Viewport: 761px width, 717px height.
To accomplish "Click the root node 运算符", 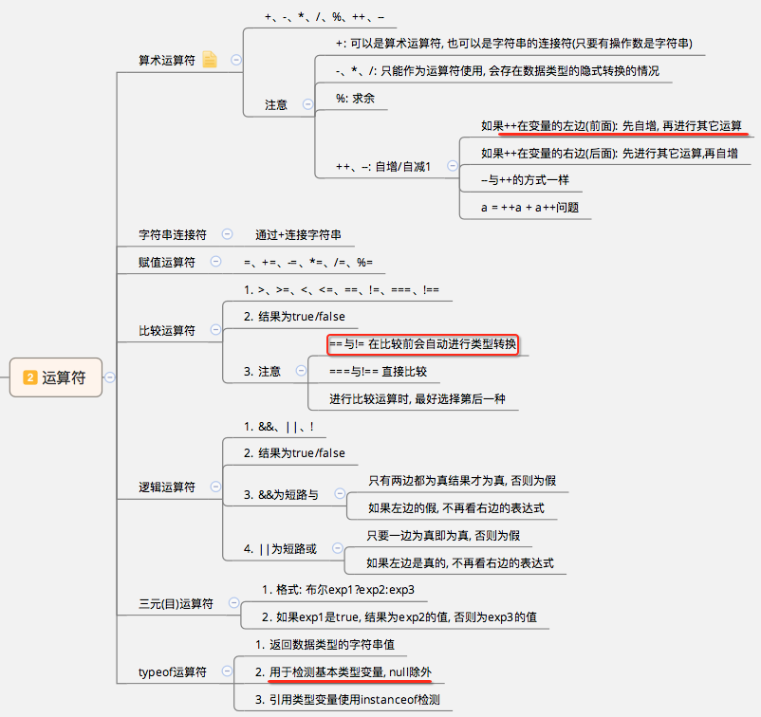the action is [x=63, y=377].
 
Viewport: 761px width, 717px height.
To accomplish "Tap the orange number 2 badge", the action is [x=30, y=377].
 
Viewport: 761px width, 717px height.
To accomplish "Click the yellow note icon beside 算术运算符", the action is [x=210, y=60].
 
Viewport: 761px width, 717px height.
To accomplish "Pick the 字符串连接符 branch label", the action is [x=173, y=234].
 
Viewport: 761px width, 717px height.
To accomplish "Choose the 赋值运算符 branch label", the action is [x=167, y=262].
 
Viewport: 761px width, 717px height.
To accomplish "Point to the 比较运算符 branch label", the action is [x=167, y=331].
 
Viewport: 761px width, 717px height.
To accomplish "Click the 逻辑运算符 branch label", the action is [x=167, y=487].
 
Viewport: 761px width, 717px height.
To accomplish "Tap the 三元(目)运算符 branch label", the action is [x=176, y=603].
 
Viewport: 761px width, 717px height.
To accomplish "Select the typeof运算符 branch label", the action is [x=173, y=672].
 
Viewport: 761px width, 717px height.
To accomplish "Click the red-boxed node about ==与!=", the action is [x=423, y=343].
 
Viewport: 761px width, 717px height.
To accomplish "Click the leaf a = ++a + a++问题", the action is [x=529, y=207].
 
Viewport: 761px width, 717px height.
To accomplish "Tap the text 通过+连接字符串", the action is [x=298, y=234].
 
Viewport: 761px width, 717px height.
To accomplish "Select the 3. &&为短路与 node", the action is [x=281, y=494].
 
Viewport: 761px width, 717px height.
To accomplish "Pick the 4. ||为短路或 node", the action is [x=280, y=549].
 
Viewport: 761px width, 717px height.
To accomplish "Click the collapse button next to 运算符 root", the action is [x=111, y=377].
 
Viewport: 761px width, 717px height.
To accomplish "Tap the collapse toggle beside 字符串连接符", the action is [x=227, y=234].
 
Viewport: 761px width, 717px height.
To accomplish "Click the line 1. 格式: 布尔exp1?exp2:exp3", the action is [x=339, y=590].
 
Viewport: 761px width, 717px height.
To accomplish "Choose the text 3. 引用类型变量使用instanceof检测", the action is [x=352, y=700].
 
